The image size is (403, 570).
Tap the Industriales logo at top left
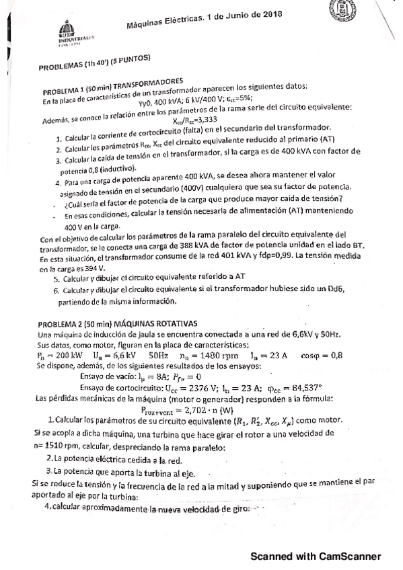(x=66, y=32)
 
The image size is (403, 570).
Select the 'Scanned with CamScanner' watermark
(x=316, y=557)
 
